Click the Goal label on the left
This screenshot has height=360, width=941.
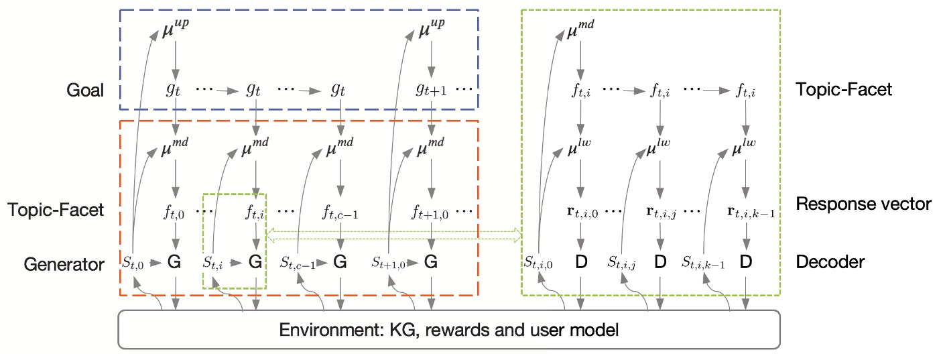coord(85,90)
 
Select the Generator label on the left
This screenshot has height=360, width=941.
coord(64,264)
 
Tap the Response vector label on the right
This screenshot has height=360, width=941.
coord(863,204)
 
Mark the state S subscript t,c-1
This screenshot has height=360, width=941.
coord(298,263)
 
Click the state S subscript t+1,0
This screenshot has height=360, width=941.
coord(389,263)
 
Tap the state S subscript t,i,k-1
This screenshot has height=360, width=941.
coord(704,263)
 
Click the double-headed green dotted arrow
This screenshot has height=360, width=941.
coord(394,234)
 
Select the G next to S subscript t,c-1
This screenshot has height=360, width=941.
coord(340,263)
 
